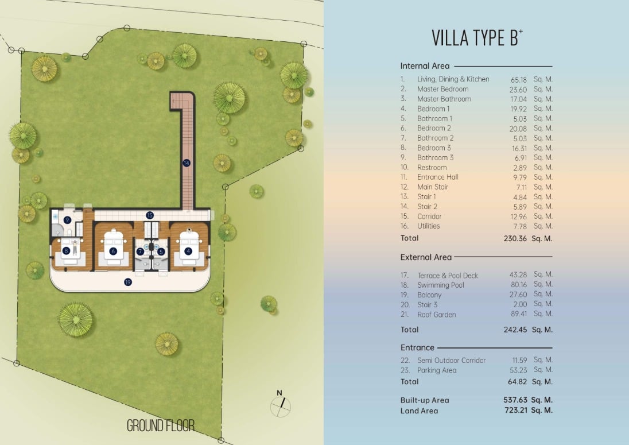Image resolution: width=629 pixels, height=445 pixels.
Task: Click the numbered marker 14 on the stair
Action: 186,163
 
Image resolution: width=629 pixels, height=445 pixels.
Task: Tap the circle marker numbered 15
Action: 150,215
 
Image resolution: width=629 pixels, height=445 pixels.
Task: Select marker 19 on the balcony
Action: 128,282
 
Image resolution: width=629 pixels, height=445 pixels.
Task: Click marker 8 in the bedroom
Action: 66,251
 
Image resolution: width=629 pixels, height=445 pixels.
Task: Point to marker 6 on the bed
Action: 113,251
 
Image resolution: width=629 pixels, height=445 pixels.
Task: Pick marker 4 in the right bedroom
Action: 188,251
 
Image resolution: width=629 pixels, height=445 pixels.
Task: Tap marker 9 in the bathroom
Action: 67,220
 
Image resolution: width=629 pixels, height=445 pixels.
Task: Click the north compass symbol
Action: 281,404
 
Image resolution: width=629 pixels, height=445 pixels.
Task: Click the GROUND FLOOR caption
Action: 161,425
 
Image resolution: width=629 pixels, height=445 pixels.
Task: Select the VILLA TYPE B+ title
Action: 477,38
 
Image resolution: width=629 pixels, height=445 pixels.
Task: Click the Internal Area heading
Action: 425,66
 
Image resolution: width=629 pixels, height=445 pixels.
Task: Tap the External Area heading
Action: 426,257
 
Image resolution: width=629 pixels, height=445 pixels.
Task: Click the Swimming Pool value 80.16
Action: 519,285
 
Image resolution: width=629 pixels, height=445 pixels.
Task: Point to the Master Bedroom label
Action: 443,89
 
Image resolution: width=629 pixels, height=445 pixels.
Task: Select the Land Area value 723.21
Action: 516,410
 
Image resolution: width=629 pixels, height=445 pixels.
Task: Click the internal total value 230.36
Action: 515,238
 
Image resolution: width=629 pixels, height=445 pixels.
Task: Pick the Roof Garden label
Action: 436,315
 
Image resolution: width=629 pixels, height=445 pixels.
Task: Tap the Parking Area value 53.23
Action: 519,370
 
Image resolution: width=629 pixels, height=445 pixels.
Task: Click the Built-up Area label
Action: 425,400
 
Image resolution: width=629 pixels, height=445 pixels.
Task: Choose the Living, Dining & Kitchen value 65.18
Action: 519,80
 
